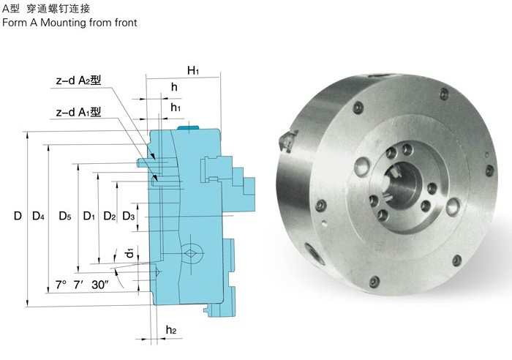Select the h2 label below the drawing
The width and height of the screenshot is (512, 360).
tap(171, 331)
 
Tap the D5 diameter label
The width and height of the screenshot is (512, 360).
tap(64, 216)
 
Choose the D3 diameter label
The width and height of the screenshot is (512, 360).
tap(129, 216)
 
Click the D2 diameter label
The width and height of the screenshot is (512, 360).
tap(109, 216)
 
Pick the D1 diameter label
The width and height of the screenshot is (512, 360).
tap(89, 216)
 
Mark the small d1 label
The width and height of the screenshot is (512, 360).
tap(129, 252)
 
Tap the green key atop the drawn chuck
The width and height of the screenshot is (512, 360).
tap(189, 127)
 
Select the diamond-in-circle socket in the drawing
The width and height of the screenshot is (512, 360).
tap(192, 250)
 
